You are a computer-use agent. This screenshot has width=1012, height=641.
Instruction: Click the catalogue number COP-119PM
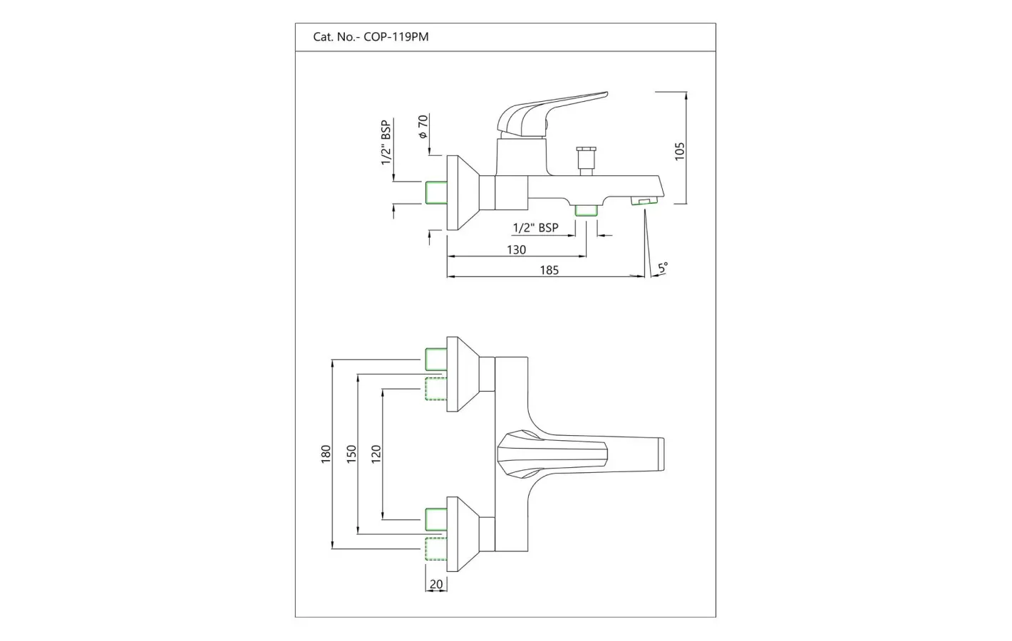click(396, 37)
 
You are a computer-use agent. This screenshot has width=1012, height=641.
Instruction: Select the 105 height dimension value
click(679, 150)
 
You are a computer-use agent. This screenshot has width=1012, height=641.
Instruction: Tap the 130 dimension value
click(516, 249)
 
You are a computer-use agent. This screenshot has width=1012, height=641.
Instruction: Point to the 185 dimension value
click(549, 270)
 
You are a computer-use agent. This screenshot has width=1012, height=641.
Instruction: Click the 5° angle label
click(662, 269)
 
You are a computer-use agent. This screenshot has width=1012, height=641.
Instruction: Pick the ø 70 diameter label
click(422, 126)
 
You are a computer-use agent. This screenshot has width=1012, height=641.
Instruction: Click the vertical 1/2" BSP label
click(386, 142)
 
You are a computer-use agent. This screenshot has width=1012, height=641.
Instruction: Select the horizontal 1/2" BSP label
click(535, 228)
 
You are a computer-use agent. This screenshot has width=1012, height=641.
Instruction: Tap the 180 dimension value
click(326, 454)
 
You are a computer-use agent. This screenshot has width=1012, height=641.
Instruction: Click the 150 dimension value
click(351, 454)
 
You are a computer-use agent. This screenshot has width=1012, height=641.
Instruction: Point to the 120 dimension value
click(376, 453)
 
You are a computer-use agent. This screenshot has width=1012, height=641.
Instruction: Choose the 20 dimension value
click(436, 584)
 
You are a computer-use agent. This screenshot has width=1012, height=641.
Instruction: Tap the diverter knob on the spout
click(587, 159)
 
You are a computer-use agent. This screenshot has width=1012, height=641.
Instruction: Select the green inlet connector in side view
click(435, 193)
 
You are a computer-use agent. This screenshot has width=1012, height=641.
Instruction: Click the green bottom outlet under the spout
click(587, 209)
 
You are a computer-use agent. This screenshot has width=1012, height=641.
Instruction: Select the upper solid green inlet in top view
click(435, 359)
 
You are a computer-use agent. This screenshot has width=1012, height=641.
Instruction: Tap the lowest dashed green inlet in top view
click(435, 549)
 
